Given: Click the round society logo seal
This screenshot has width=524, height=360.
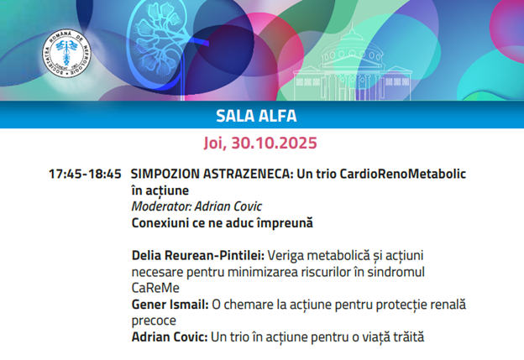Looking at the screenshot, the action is point(66,53).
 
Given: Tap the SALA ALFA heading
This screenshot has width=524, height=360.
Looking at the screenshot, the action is point(256,116).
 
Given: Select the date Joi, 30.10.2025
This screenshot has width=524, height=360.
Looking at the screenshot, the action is point(260,143).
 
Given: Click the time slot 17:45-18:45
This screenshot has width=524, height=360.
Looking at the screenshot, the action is point(85,174).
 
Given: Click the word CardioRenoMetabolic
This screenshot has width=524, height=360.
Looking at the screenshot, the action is point(403,174).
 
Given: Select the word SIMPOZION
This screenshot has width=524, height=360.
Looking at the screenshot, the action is point(165,174).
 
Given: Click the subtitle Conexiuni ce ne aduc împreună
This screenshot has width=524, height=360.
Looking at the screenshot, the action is point(223,223).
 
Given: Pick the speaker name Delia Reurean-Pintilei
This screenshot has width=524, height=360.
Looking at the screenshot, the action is point(198,255).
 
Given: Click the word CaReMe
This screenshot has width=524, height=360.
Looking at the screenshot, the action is point(155,288).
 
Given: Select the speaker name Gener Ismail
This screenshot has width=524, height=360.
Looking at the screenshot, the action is point(170,305).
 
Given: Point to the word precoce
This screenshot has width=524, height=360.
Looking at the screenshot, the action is point(154,321).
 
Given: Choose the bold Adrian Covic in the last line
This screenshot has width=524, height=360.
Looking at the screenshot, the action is point(170,337).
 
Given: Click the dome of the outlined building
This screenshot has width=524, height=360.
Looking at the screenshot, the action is point(351,47).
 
